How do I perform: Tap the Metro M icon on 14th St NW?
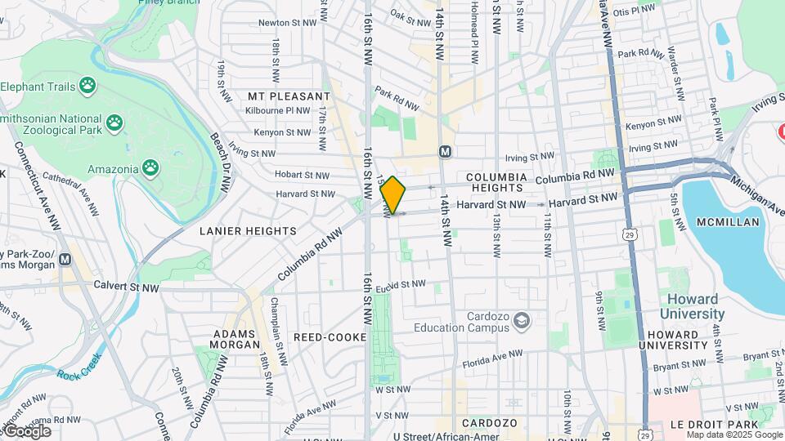(445, 151)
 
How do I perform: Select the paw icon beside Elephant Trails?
(87, 86)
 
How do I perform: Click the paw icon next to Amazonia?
(150, 168)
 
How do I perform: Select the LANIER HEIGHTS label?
(248, 231)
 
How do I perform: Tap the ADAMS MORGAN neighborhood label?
(235, 339)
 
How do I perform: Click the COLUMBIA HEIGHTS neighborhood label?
(496, 182)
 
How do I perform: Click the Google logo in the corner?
(27, 431)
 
